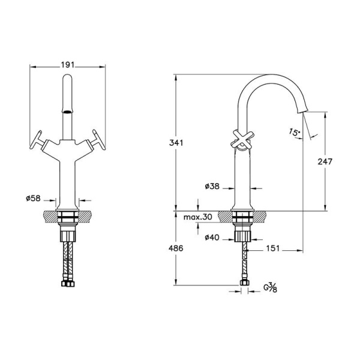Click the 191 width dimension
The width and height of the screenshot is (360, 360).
[67, 65]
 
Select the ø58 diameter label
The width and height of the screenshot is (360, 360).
[33, 198]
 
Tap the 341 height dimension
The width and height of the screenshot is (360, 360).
[176, 143]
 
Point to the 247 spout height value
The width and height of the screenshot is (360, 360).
[325, 161]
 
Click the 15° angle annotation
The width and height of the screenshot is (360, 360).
[295, 132]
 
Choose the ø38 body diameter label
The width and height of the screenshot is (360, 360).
[212, 186]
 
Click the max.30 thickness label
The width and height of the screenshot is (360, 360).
[197, 217]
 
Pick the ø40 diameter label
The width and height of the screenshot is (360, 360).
[212, 238]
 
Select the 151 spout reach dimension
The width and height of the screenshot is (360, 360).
[273, 248]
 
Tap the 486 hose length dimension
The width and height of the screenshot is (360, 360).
[176, 248]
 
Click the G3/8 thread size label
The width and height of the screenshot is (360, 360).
[270, 287]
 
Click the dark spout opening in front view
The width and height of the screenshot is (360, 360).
[67, 112]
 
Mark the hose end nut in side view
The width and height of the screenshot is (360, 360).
[244, 283]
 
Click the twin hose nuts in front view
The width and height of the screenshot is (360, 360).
[68, 284]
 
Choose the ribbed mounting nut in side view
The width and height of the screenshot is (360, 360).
[242, 236]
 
